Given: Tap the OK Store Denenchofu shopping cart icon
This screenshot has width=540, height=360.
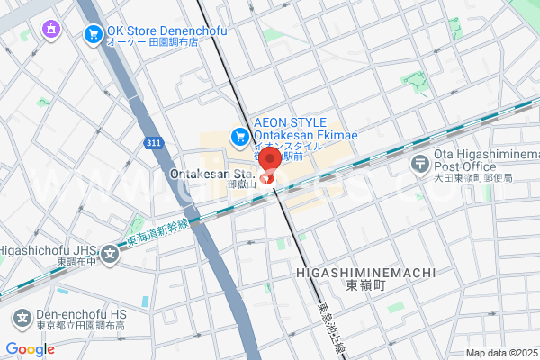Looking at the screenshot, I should click(x=94, y=34).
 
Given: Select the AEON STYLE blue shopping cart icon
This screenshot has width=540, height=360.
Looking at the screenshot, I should click(x=239, y=137).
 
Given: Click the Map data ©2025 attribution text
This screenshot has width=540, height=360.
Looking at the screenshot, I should click(x=500, y=353).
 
